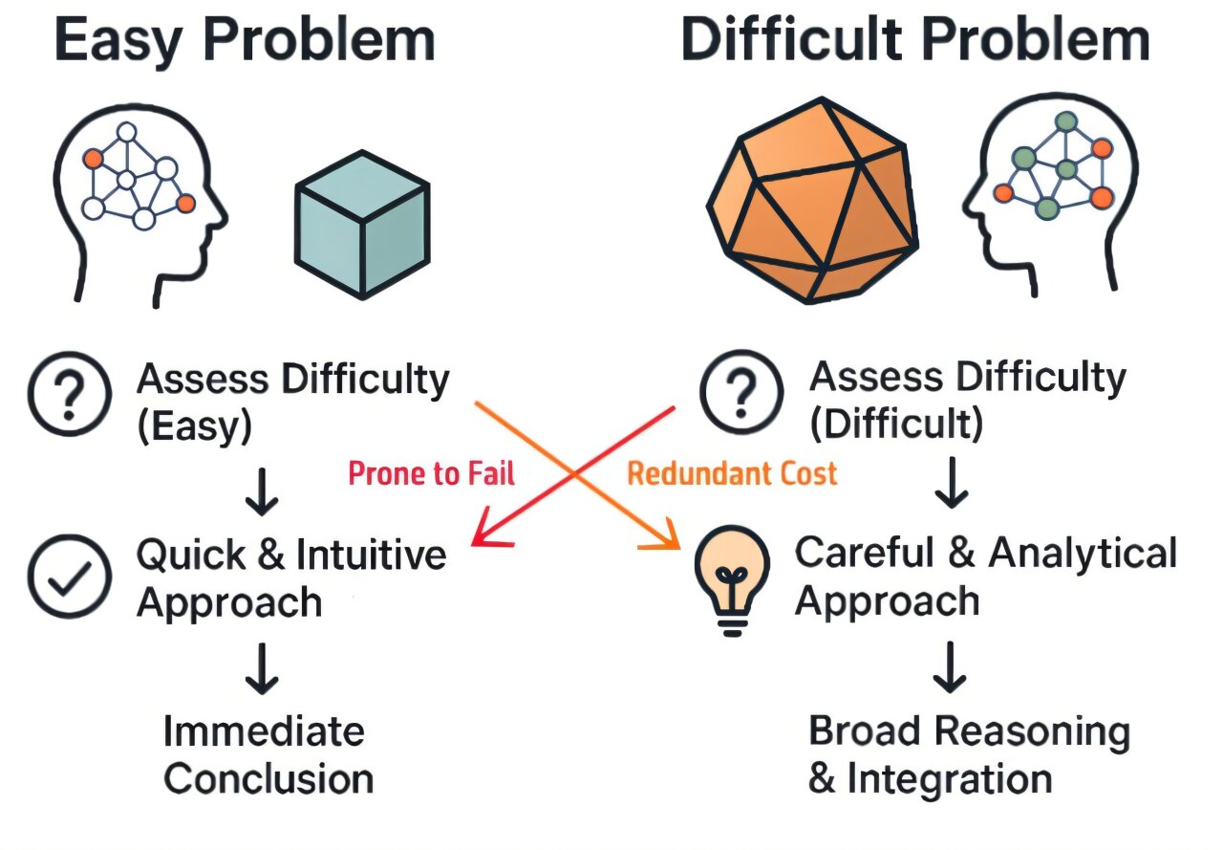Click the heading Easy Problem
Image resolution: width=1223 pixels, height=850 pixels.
[x=245, y=40]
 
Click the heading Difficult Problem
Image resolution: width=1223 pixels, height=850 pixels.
[x=915, y=40]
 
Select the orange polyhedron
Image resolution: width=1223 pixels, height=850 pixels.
[x=811, y=201]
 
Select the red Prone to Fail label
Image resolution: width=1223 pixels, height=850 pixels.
[x=431, y=472]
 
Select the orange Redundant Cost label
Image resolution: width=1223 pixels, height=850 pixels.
[x=732, y=472]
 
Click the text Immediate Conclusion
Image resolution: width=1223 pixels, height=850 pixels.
[x=268, y=755]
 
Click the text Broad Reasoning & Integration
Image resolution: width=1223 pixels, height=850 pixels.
[x=968, y=755]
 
